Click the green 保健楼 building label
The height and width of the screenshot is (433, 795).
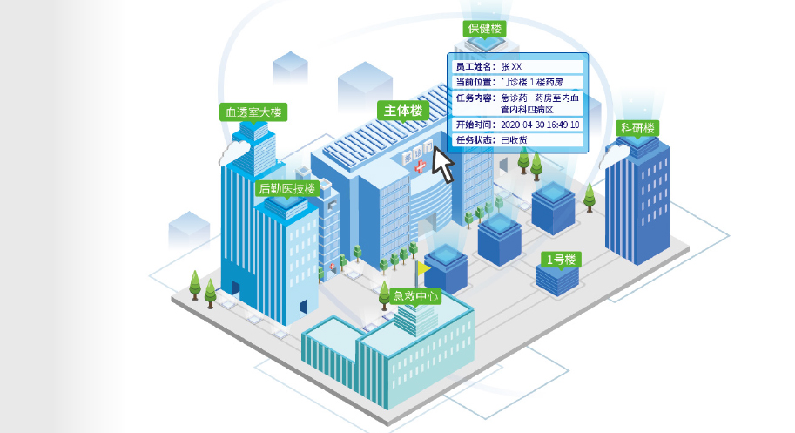point(484,29)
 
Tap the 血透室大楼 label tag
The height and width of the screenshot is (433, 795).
point(253,112)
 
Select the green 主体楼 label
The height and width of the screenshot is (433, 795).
point(403,110)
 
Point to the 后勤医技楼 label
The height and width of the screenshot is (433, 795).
point(287,188)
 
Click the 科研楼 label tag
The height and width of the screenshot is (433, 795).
point(637,128)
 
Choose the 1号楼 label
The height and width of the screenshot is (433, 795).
point(561,260)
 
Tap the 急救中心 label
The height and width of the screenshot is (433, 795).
point(415,296)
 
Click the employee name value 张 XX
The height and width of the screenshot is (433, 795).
point(511,66)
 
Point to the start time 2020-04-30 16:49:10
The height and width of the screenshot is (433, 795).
point(540,125)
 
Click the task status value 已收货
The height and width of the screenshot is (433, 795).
point(514,140)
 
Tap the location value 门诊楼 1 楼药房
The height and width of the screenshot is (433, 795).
point(532,82)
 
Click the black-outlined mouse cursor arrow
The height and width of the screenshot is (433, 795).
point(442,165)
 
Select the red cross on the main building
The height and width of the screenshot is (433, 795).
point(421,166)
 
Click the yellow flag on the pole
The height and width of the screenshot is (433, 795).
point(424,267)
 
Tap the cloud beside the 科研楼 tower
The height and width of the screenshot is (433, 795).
point(614,155)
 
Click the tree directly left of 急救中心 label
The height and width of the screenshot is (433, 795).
point(384,295)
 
